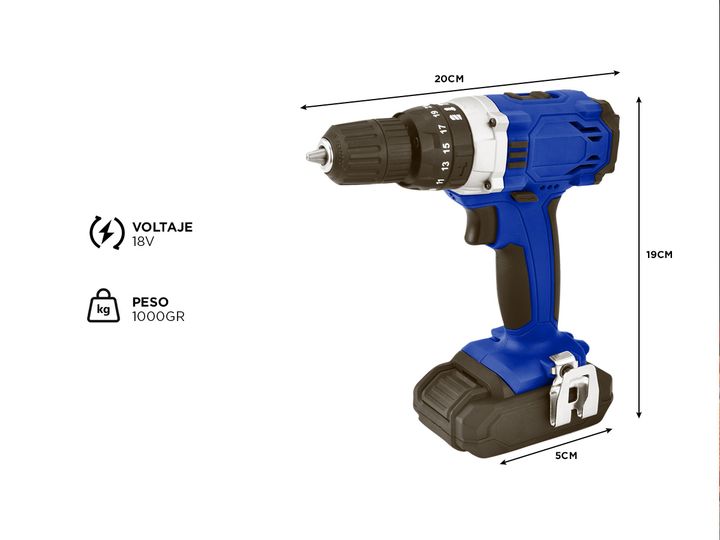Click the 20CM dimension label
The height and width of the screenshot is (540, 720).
tap(449, 79)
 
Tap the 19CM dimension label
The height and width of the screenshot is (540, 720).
tap(659, 254)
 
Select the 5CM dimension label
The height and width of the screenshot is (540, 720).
tap(566, 456)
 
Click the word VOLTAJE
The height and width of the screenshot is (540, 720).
tap(163, 227)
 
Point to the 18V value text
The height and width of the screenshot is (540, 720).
tap(143, 242)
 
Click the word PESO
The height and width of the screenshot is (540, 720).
tap(151, 302)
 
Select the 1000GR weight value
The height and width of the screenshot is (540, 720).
tap(158, 316)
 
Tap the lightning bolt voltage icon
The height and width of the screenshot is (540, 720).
tap(107, 232)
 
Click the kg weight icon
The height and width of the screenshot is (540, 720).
tap(104, 305)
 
